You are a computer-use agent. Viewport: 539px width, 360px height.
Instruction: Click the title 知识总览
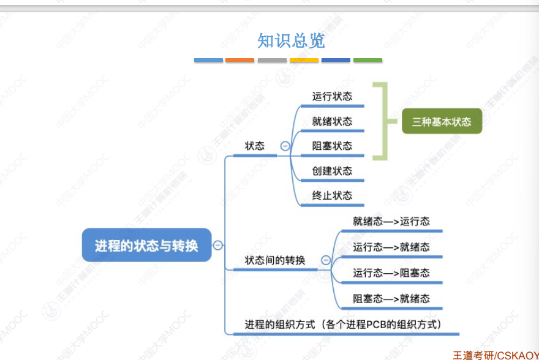[290, 41]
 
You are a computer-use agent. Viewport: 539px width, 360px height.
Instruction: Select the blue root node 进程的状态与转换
[146, 246]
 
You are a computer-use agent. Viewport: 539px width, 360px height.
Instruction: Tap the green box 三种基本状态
[442, 122]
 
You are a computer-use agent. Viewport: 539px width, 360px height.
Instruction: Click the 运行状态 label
[332, 96]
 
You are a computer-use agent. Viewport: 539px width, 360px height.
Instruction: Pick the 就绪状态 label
[332, 121]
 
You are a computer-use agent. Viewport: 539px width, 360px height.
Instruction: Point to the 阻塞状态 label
[332, 146]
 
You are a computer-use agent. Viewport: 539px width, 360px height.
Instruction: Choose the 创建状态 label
[332, 171]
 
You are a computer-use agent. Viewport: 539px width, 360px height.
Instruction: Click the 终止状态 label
[332, 195]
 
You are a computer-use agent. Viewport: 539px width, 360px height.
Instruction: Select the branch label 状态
[255, 146]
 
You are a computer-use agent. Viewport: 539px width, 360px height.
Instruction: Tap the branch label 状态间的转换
[275, 260]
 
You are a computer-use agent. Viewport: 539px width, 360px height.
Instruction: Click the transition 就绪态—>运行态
[391, 221]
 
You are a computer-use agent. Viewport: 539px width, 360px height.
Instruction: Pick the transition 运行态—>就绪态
[391, 247]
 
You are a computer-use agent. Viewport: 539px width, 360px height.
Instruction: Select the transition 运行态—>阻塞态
[391, 272]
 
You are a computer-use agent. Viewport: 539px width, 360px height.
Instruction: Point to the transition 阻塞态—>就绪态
[391, 298]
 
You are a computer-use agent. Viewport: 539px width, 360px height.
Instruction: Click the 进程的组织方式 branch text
[344, 324]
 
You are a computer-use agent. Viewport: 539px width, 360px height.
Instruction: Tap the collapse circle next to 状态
[285, 146]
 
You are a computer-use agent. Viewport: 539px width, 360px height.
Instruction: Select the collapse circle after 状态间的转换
[325, 260]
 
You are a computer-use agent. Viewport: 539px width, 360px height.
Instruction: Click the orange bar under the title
[239, 61]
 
